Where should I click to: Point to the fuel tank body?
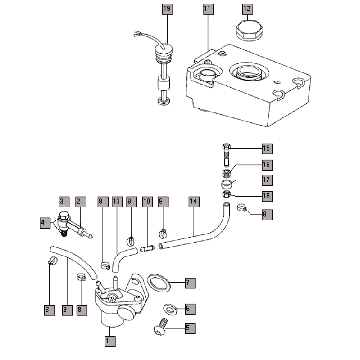[245, 85]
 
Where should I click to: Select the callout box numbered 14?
[194, 202]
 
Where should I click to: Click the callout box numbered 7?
[191, 284]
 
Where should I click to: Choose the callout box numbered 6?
[191, 310]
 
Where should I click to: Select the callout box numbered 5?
[191, 326]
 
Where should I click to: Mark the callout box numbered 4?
[44, 220]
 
